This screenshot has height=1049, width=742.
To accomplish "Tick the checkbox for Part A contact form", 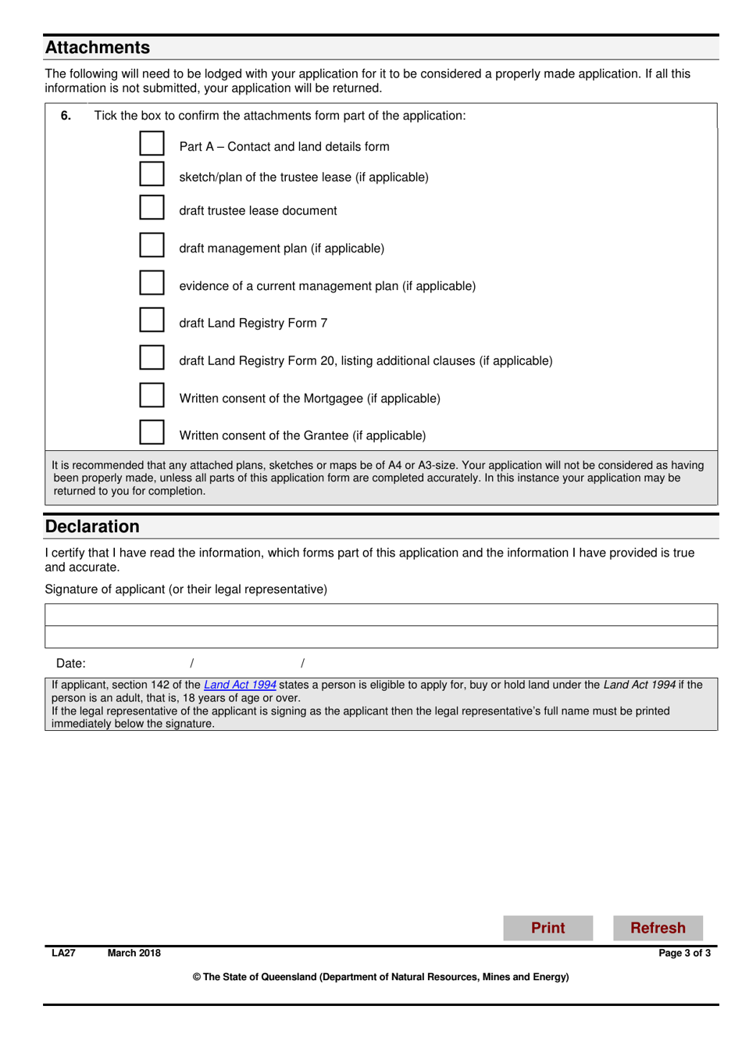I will click(x=152, y=144).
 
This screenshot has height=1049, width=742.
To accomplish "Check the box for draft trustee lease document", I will click(x=152, y=208).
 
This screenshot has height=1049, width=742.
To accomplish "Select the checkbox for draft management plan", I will click(x=152, y=245).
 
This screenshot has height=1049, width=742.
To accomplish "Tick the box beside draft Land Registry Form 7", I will click(x=152, y=320).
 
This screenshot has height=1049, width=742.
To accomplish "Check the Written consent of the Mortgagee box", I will click(x=152, y=396).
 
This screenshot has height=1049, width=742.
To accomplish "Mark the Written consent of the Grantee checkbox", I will click(x=152, y=432).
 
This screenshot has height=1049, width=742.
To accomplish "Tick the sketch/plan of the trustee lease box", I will click(x=152, y=174).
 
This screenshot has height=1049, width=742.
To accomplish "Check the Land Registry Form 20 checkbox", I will click(x=152, y=358).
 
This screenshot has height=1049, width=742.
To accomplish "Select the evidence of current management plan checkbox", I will click(x=152, y=283).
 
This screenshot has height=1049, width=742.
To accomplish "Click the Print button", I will click(x=548, y=928).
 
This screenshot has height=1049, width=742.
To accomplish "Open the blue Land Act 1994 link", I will click(x=240, y=685).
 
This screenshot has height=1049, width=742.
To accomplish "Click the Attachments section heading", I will click(x=98, y=48).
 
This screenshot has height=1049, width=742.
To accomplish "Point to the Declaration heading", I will click(x=92, y=527).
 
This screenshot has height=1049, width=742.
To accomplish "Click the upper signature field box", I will click(x=381, y=615).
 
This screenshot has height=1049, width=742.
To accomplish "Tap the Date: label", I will click(x=70, y=664).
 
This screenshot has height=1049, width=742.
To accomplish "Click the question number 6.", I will click(x=66, y=116).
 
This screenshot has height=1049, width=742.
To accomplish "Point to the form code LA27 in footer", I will click(x=63, y=953).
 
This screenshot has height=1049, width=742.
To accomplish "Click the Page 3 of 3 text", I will click(x=684, y=953).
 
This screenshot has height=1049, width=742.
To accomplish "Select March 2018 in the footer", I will click(x=134, y=953).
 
